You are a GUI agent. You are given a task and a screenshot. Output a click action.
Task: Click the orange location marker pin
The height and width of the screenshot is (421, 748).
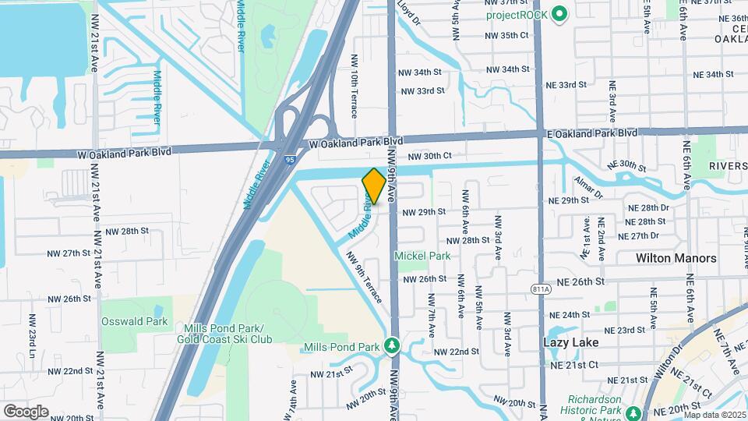[373, 186]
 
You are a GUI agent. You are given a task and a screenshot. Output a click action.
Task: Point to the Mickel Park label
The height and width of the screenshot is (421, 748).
[422, 256]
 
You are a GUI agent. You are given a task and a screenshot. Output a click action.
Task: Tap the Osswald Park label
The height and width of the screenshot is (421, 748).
[134, 321]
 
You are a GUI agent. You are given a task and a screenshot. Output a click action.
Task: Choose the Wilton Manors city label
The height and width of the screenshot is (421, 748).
[676, 258]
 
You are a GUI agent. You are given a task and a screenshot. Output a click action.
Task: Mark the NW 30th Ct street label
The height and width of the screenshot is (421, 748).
[429, 156]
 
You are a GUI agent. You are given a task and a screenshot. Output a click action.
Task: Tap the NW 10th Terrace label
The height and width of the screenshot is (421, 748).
[354, 86]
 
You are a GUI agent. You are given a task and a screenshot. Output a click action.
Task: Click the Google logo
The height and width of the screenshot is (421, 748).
[26, 411]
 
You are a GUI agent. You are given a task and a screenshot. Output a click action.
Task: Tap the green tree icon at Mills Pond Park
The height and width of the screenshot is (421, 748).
[393, 345]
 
